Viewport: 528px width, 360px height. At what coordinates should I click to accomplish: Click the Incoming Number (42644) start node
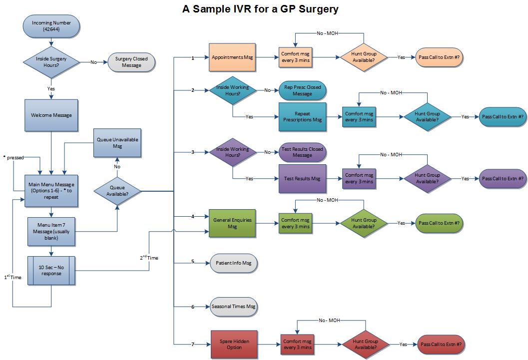pos(51,26)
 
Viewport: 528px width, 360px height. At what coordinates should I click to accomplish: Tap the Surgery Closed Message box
pos(131,62)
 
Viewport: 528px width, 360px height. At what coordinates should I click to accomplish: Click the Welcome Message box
pos(51,115)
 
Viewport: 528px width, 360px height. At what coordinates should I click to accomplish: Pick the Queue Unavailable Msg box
pos(117,143)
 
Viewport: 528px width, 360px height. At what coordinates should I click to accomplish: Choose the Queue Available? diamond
pos(117,191)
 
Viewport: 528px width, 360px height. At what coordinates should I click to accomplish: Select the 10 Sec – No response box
pos(51,270)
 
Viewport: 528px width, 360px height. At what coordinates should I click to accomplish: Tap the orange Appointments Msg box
pos(232,58)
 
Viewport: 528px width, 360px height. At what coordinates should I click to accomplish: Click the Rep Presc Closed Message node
pos(302,90)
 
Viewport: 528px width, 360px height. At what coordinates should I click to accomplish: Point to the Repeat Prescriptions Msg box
pos(302,117)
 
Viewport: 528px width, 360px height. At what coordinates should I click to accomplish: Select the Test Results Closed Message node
pos(302,152)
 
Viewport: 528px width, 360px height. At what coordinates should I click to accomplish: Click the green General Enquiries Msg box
pos(232,223)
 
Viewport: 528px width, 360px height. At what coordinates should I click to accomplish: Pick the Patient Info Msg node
pos(233,263)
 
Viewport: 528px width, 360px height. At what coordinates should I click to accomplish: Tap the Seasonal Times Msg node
pos(233,307)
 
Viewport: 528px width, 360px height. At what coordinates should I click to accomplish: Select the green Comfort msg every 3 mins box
pos(296,223)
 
